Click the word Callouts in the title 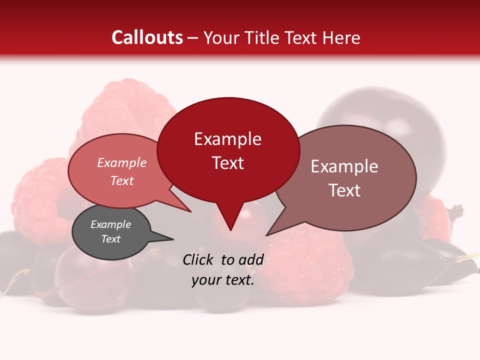tap(147, 37)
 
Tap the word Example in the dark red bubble tap(227, 139)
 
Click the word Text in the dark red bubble tap(228, 163)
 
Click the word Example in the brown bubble tap(344, 166)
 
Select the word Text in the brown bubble tap(344, 190)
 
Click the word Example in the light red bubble tap(121, 162)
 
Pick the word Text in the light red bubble tap(121, 180)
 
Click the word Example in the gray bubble tap(110, 224)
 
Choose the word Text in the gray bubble tap(110, 239)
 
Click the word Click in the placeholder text tap(198, 259)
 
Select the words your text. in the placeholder tap(223, 280)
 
